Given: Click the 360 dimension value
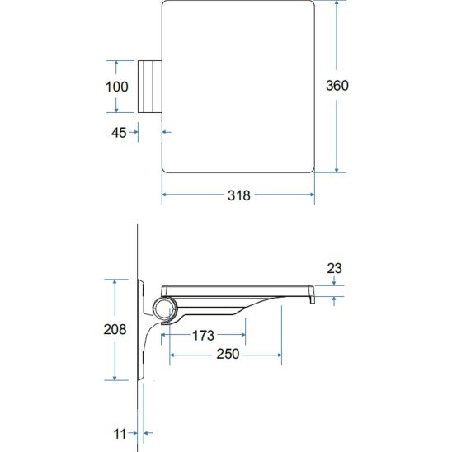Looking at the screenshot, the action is click(x=337, y=85).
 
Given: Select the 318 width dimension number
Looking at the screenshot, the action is click(x=239, y=195).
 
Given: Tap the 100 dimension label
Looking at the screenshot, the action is click(x=117, y=87).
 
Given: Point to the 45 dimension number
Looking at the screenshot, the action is click(x=119, y=133).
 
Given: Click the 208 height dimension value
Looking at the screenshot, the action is click(x=115, y=329).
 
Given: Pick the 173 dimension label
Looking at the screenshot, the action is click(x=203, y=335).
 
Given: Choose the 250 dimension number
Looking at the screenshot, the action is click(x=228, y=354).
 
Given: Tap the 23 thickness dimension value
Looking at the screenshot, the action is click(x=334, y=268).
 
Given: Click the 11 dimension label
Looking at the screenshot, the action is click(x=120, y=434).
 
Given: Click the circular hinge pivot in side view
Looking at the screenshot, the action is click(x=164, y=308).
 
